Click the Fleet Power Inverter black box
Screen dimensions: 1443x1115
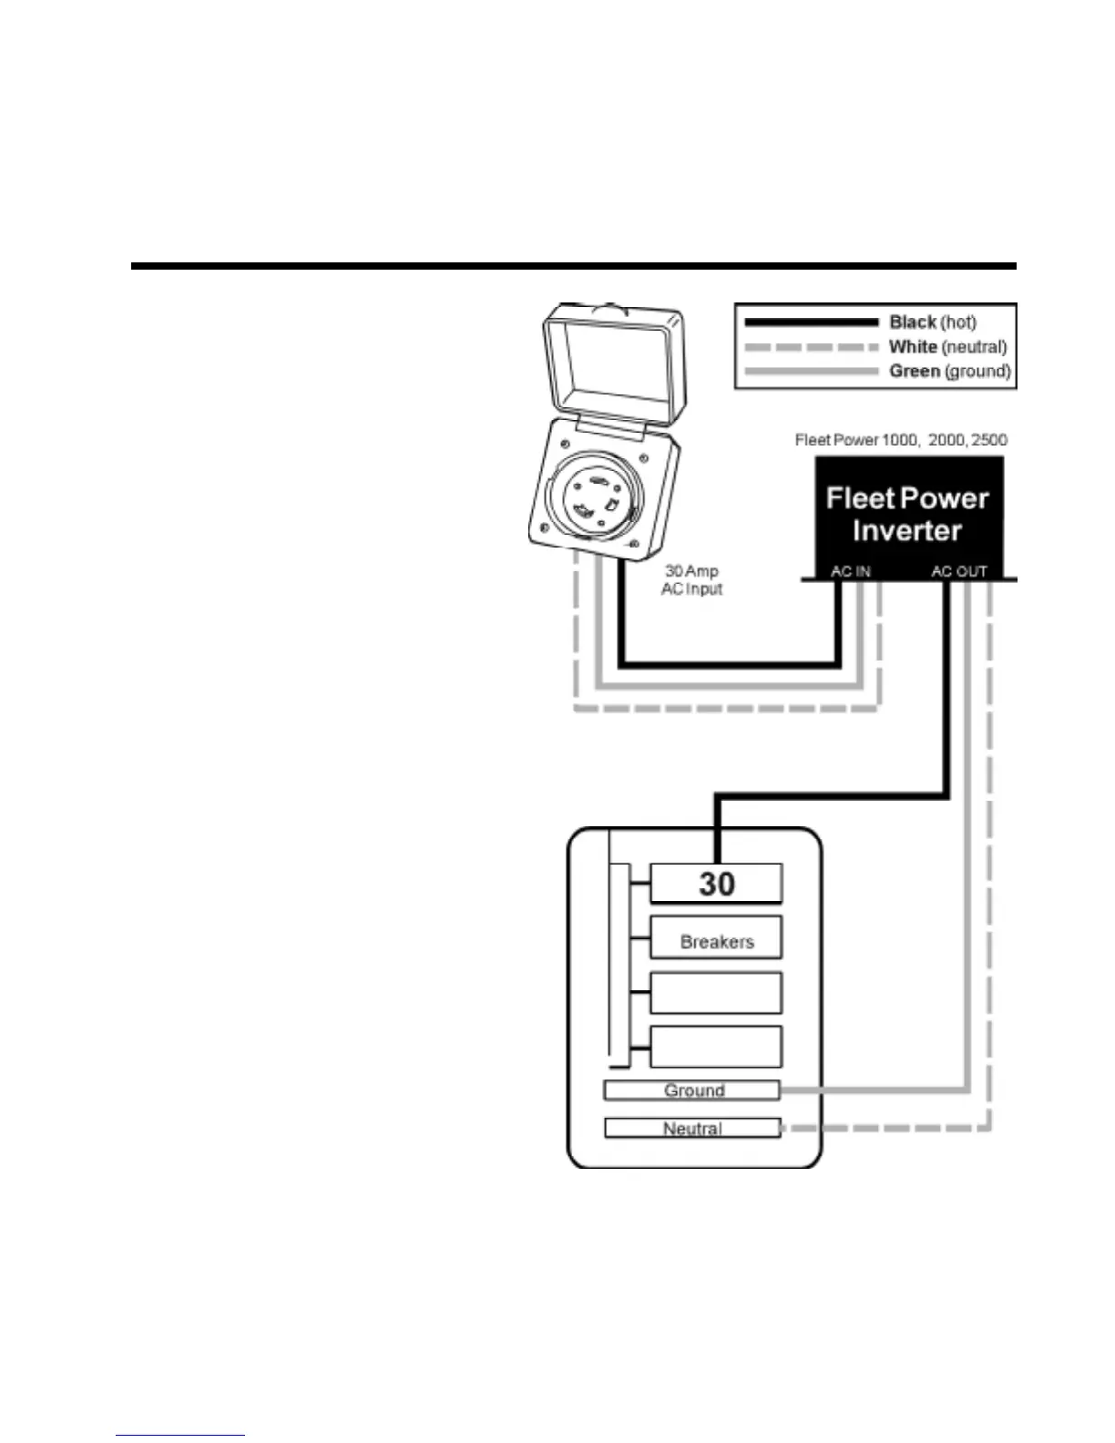907,515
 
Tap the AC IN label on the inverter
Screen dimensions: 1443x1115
850,571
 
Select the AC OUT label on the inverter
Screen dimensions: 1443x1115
958,571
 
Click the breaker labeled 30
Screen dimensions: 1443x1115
716,883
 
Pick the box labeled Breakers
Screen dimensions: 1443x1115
716,938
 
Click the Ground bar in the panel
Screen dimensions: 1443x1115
692,1090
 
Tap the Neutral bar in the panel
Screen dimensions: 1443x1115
692,1129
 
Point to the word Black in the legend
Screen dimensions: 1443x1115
912,322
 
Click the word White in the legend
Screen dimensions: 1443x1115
912,346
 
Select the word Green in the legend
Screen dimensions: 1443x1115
914,371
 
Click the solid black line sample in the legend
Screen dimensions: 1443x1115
811,322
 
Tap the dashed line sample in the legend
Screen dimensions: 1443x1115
811,347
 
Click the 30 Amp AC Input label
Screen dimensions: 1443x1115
691,579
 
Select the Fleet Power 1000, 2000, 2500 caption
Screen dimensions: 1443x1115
901,440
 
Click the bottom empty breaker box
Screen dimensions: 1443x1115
716,1047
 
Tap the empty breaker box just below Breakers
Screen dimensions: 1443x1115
716,993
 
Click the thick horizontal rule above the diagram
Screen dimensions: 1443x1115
573,266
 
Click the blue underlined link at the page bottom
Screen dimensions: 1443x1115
180,1436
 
